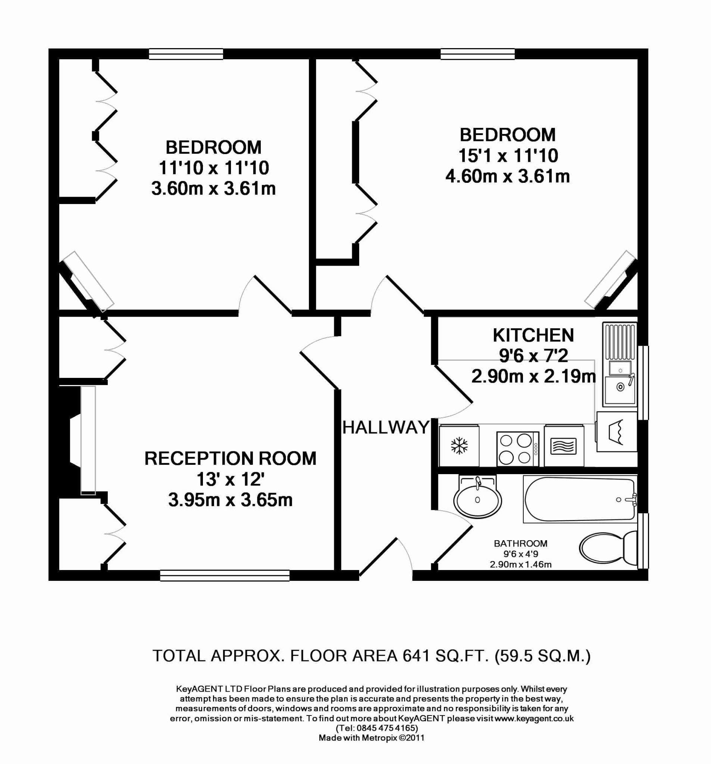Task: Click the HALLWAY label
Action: point(385,428)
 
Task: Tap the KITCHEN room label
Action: point(533,335)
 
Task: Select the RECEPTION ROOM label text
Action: point(230,458)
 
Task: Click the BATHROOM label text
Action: point(520,544)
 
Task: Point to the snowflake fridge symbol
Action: point(459,446)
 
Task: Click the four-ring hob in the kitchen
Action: point(518,449)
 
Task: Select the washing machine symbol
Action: point(617,432)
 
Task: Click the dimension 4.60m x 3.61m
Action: point(507,176)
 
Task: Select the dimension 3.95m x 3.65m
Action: point(230,500)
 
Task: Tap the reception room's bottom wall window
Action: point(225,575)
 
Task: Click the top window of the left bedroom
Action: point(186,54)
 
